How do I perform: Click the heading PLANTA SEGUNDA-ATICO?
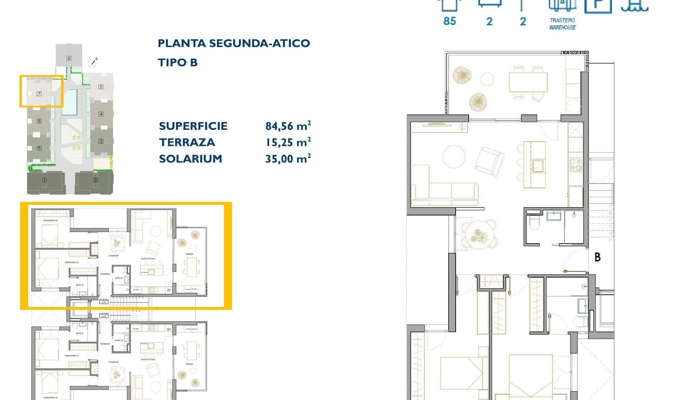[234, 44]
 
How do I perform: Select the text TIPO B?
[178, 63]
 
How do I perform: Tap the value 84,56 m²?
[288, 126]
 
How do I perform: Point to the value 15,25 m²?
[288, 142]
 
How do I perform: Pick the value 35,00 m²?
[288, 159]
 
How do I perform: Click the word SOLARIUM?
[191, 159]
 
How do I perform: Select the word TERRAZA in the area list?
[187, 142]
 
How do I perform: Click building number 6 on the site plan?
[69, 58]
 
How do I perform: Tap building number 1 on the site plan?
[45, 180]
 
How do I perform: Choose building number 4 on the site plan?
[101, 114]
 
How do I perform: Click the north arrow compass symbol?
[93, 63]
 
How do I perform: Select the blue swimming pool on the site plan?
[70, 102]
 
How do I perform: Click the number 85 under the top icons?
[450, 21]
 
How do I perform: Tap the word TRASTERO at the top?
[562, 20]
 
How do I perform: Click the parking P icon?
[598, 5]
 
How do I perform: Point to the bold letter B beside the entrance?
[597, 257]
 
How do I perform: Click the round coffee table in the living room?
[454, 156]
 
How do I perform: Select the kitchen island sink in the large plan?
[537, 166]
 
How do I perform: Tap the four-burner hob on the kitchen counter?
[576, 165]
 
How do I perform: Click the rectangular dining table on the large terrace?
[528, 82]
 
